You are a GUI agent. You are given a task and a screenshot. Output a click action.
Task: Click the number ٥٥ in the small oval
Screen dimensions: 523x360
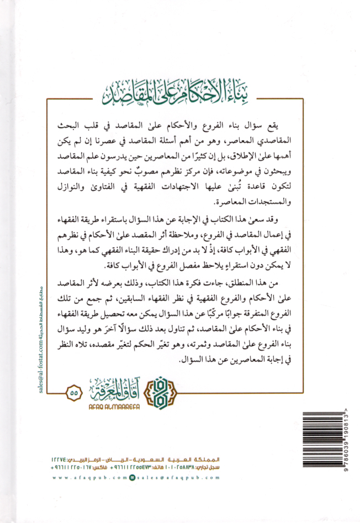tap(73, 393)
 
